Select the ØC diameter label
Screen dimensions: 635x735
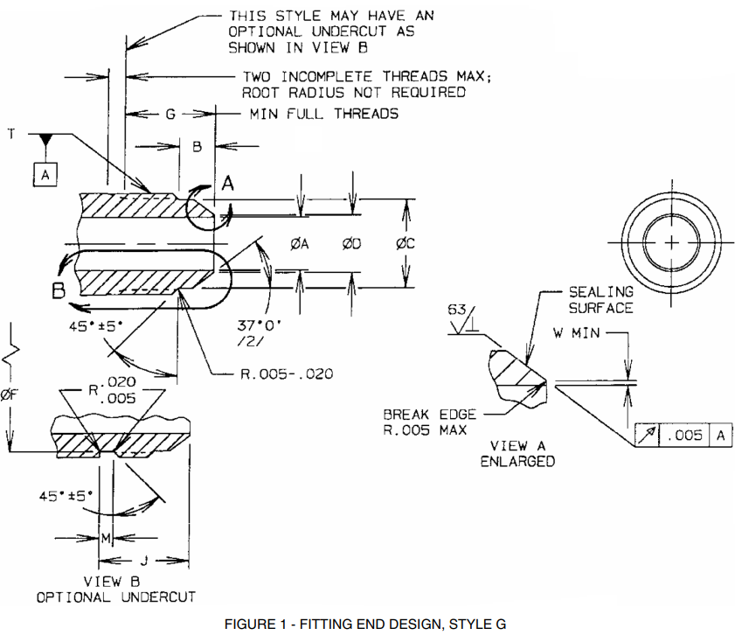coord(405,244)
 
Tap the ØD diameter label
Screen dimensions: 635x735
coord(352,244)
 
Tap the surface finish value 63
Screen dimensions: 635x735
coord(458,311)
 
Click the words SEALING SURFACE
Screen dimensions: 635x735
coord(600,299)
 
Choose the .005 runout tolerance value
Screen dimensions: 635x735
coord(687,436)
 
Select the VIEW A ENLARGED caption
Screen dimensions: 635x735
coord(517,453)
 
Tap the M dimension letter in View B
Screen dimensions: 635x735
coord(105,538)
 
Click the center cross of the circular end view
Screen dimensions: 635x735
coord(670,242)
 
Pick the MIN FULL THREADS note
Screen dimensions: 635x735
coord(324,114)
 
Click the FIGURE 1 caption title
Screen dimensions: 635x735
coord(365,624)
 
